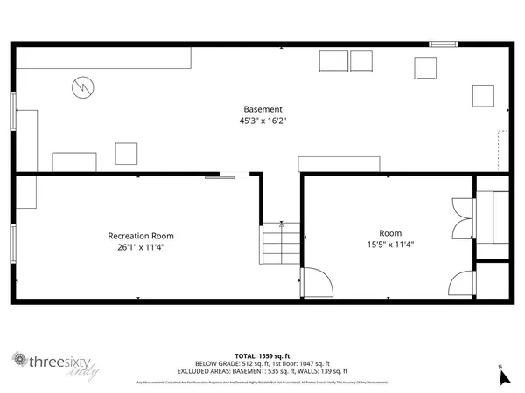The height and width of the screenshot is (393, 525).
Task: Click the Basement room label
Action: point(262,109)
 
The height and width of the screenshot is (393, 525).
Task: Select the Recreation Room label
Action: point(141,236)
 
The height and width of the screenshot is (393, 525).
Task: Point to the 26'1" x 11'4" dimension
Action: point(141,247)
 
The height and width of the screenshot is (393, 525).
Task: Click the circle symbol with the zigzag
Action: point(81,86)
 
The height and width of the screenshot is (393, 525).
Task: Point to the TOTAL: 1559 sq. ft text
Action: point(262,355)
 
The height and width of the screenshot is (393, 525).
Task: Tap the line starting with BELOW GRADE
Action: point(262,363)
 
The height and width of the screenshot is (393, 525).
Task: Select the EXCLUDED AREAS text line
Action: point(262,371)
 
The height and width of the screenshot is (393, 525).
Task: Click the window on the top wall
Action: point(443,44)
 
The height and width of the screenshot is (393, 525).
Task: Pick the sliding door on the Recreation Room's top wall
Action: point(220,177)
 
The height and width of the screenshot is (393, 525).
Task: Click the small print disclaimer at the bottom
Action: point(262,382)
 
